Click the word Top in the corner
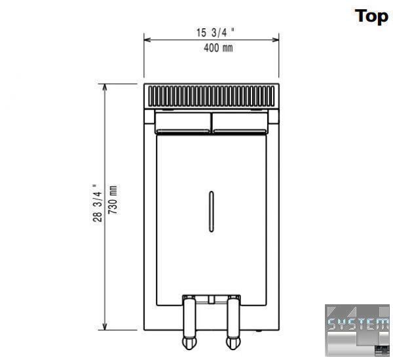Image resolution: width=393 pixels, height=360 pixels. [371, 16]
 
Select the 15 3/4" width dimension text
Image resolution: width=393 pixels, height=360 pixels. [215, 33]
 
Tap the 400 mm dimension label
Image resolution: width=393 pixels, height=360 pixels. [218, 48]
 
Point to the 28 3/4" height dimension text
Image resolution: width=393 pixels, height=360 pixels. [97, 203]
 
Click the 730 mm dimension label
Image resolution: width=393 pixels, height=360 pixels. [113, 200]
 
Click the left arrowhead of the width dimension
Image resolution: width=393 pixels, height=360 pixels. [147, 39]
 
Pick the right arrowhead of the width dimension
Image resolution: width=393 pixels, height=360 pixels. [276, 39]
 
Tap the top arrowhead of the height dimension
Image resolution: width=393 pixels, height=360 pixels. [105, 87]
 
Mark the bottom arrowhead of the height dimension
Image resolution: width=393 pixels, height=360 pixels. [105, 327]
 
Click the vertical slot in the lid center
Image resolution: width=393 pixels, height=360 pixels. [212, 212]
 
